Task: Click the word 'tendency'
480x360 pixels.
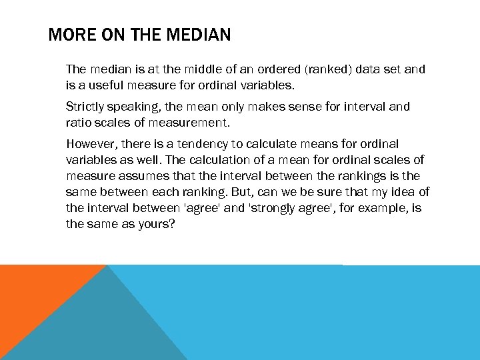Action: click(203, 144)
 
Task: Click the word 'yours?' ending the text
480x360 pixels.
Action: click(157, 224)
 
